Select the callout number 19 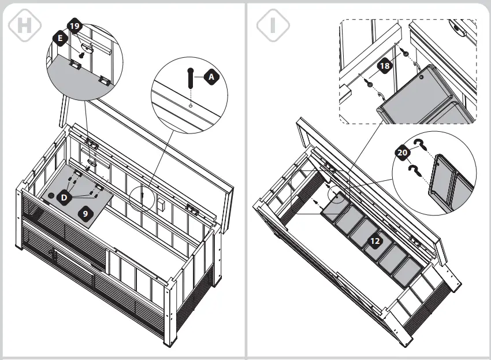click(74, 26)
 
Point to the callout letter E click(59, 38)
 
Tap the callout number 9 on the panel click(85, 213)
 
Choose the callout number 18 click(385, 66)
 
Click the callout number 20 click(403, 153)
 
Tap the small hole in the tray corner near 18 click(422, 76)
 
